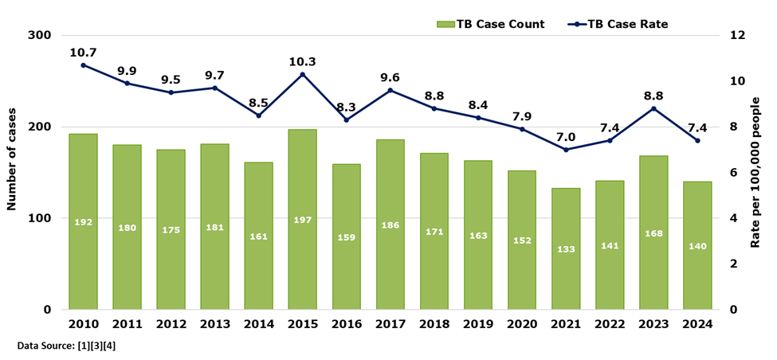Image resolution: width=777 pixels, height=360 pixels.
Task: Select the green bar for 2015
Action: [302, 219]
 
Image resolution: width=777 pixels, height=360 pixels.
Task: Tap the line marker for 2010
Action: [83, 65]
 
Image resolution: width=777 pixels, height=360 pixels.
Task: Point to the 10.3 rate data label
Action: [302, 61]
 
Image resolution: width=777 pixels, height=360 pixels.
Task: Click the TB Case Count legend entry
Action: [491, 24]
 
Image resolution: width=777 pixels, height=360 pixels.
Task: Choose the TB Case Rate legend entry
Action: [618, 24]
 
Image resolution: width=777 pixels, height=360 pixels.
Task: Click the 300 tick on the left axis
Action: [40, 36]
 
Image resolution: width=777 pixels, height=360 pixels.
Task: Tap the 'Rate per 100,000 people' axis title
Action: [758, 172]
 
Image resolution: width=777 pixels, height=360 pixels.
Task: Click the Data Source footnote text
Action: [66, 346]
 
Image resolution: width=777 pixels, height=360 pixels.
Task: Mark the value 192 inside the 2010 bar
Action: [83, 222]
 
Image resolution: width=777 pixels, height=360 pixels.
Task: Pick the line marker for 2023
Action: [653, 108]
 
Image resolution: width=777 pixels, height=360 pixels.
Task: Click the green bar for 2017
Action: [390, 224]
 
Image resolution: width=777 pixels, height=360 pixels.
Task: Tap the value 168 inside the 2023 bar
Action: [653, 233]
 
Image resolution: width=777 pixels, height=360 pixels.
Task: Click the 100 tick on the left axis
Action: [40, 218]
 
